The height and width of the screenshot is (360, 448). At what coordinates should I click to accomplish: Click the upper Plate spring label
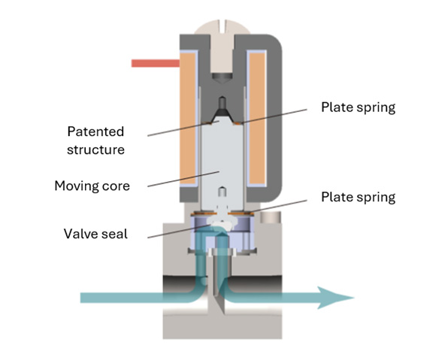(x=358, y=107)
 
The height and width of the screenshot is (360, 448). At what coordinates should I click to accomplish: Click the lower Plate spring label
(x=358, y=197)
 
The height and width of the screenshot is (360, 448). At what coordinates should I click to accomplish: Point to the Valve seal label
(x=95, y=233)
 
